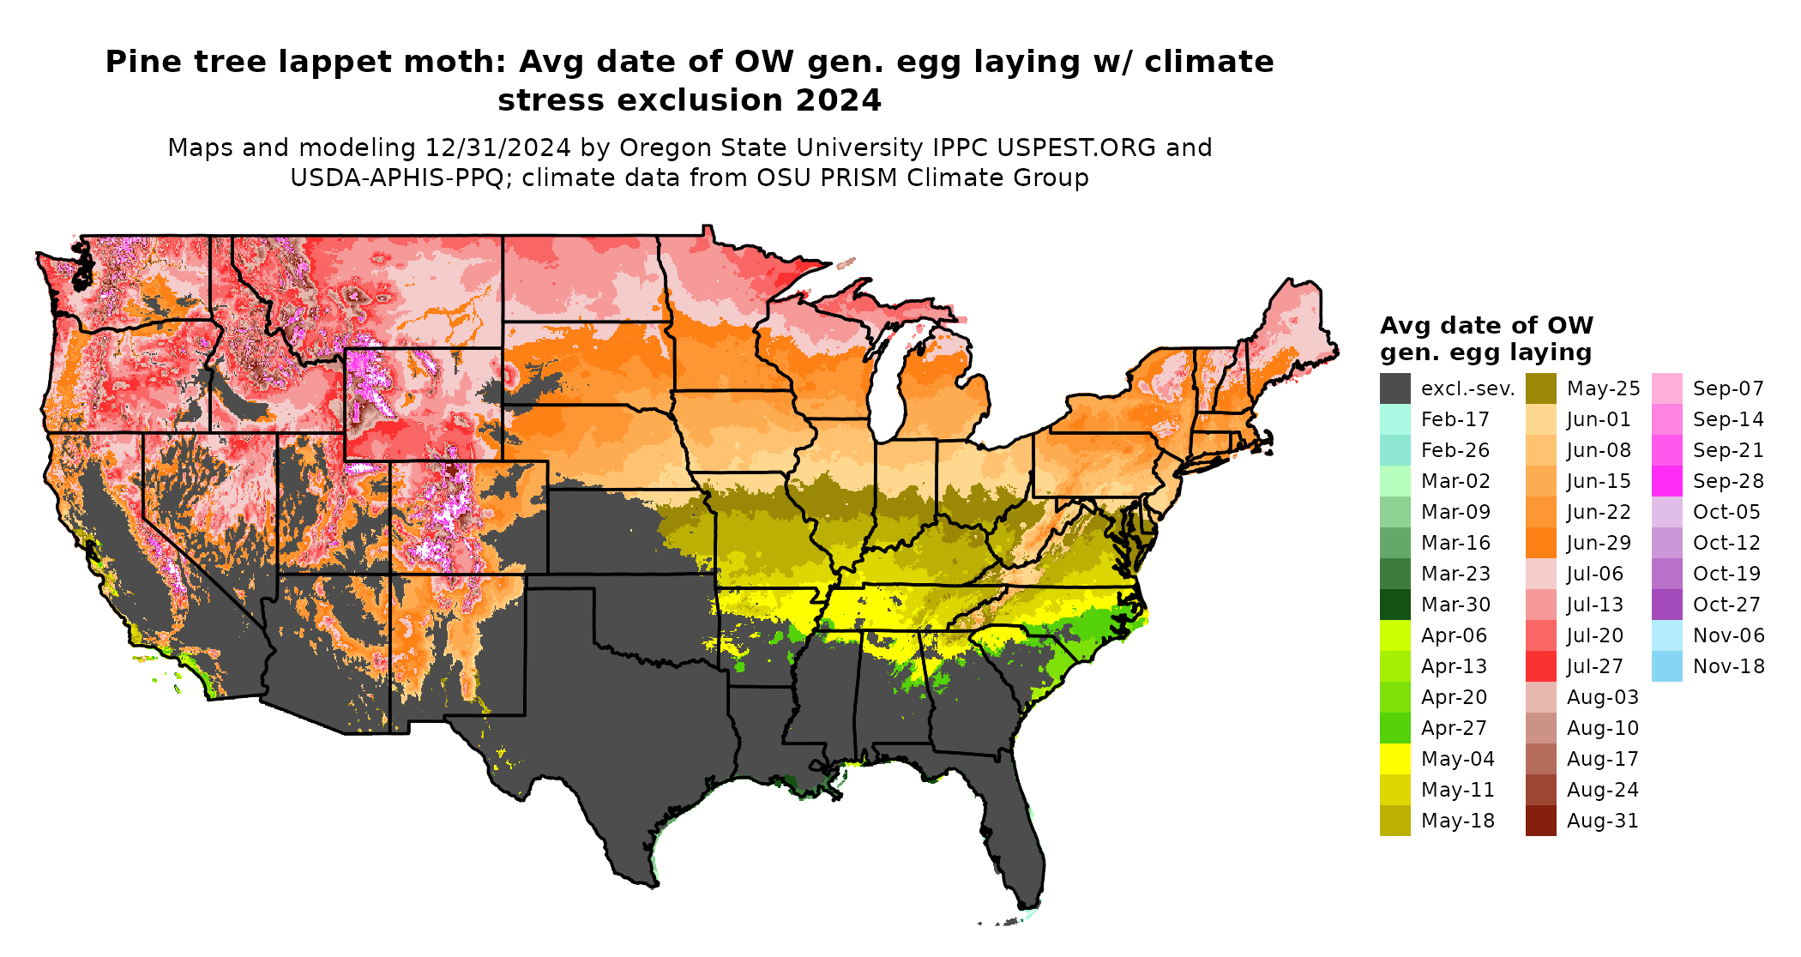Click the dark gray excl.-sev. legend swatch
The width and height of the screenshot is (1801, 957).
coord(1394,388)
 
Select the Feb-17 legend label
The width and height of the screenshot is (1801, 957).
coord(1455,419)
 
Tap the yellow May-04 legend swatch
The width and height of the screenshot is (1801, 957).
coord(1394,759)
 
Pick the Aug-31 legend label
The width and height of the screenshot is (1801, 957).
coord(1602,821)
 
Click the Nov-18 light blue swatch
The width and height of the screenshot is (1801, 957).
coord(1666,666)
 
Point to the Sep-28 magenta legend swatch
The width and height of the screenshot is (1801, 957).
coord(1666,481)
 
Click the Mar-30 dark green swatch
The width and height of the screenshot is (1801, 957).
coord(1394,605)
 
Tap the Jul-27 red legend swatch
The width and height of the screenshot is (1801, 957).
coord(1540,666)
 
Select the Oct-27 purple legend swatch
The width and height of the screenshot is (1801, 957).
coord(1666,605)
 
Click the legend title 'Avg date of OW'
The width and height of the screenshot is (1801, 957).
coord(1486,326)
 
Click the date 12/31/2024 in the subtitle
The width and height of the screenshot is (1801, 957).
coord(497,147)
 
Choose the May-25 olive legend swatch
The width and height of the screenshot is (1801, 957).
coord(1540,388)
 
